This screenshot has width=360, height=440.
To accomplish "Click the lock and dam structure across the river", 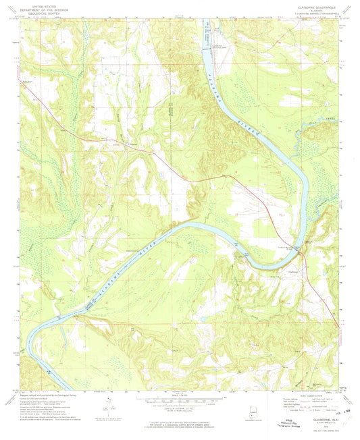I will click(x=205, y=46).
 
